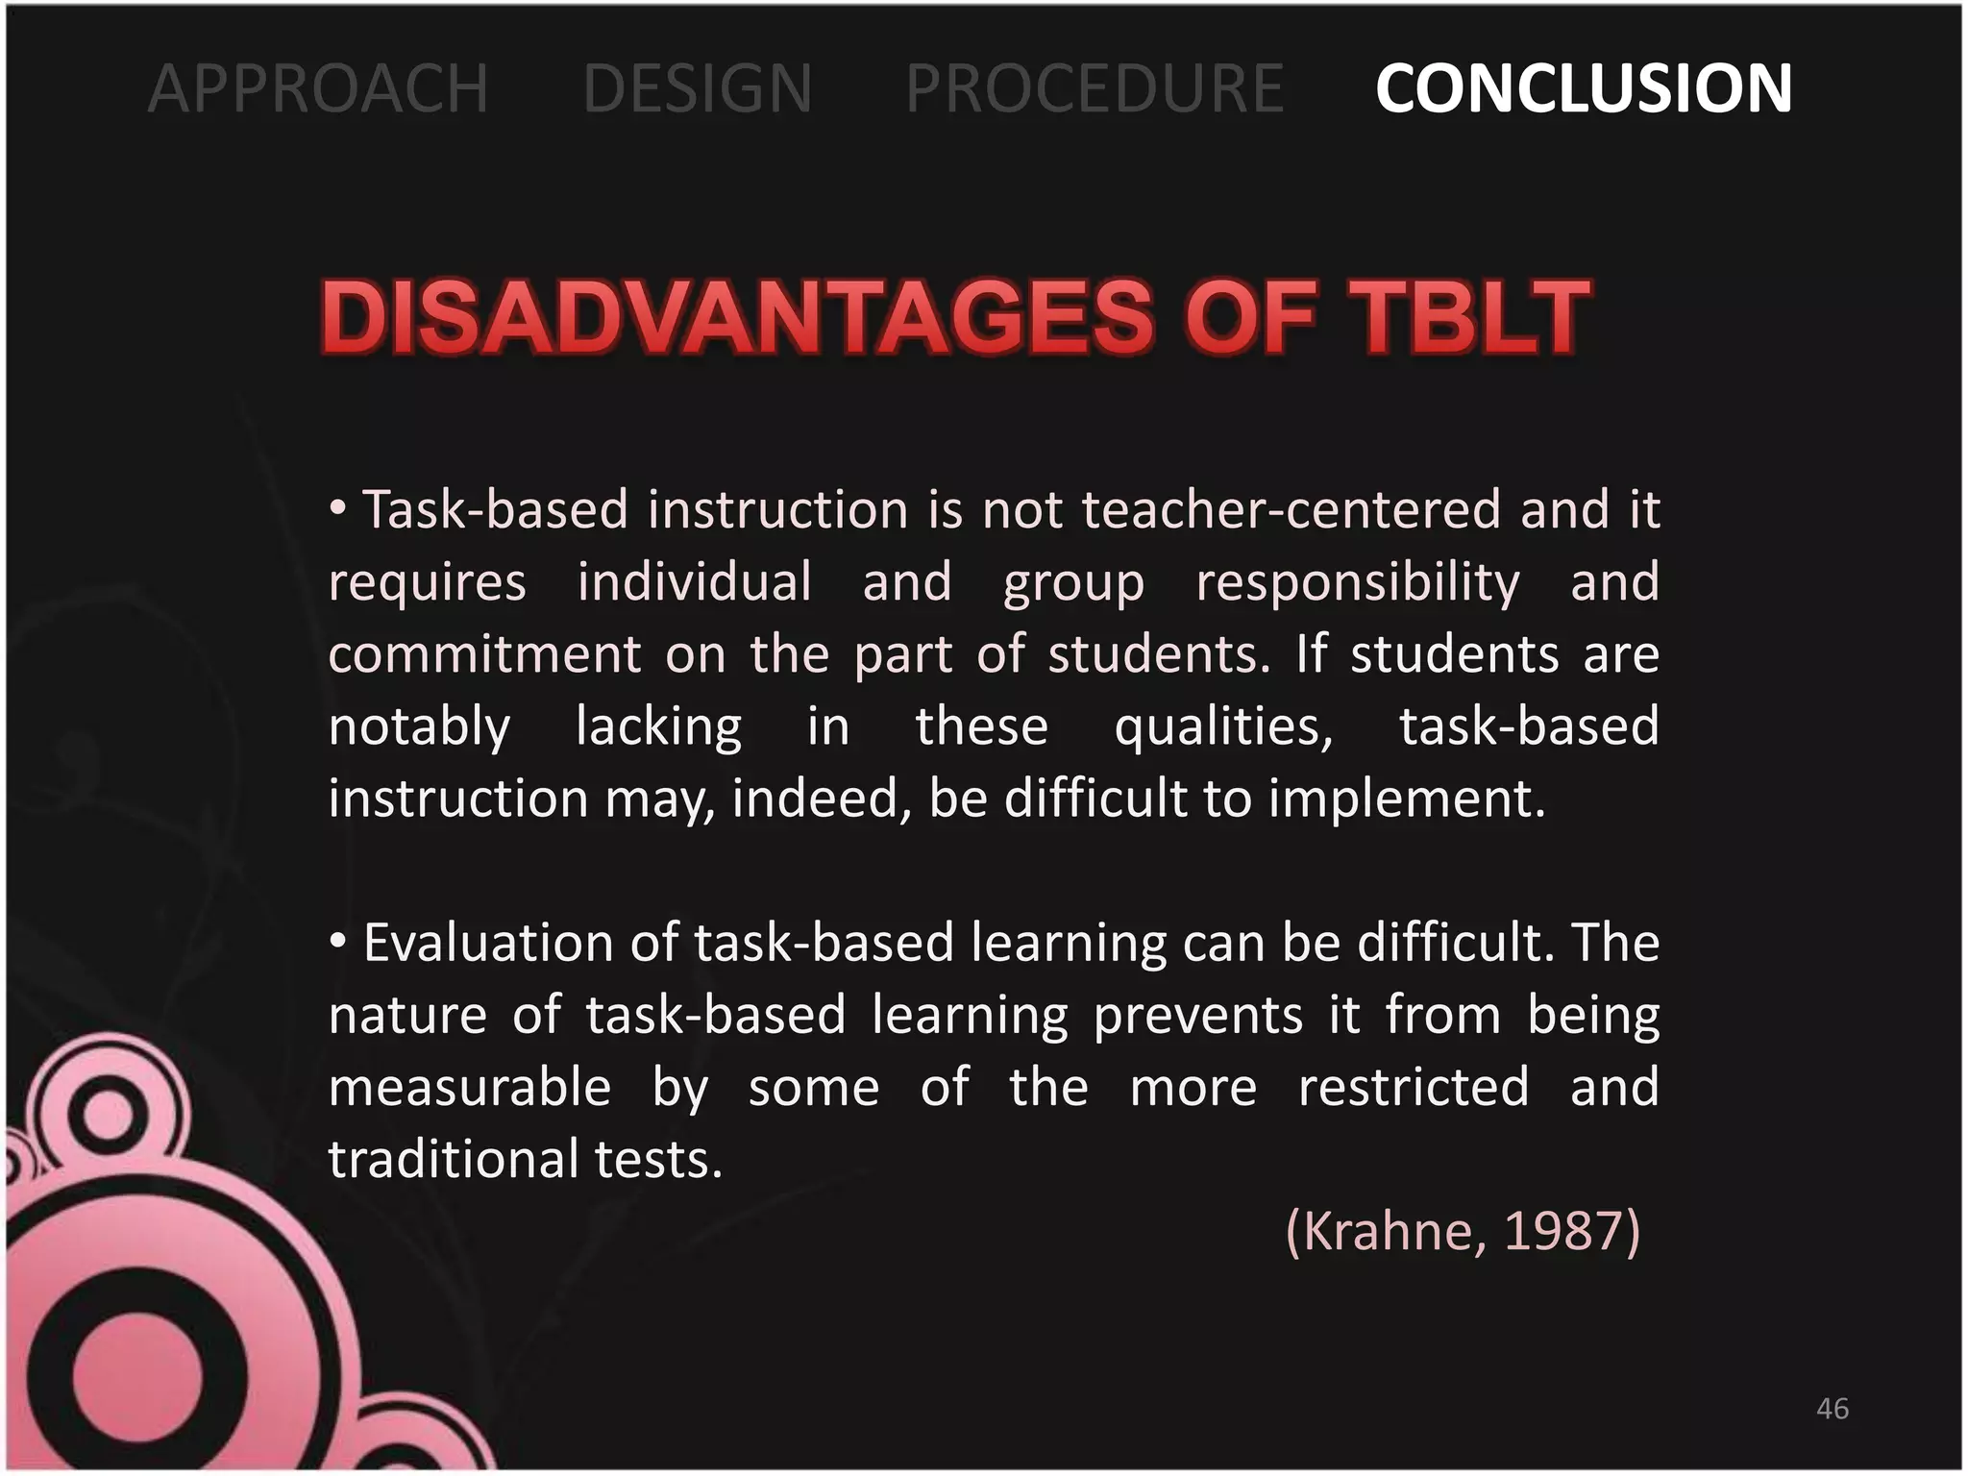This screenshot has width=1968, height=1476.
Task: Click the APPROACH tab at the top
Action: coord(318,88)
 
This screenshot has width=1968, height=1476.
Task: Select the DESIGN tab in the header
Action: coord(698,88)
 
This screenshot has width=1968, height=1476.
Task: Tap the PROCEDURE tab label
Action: coord(1095,88)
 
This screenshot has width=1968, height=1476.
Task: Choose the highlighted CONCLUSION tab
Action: coord(1584,88)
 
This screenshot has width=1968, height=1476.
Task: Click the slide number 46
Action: coord(1833,1409)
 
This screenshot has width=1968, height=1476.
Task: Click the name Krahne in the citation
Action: coord(1385,1231)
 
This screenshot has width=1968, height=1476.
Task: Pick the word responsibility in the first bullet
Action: coord(1358,582)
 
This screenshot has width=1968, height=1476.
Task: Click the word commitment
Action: coord(484,654)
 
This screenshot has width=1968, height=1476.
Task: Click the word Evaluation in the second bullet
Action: coord(487,943)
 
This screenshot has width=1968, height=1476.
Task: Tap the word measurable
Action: coord(470,1088)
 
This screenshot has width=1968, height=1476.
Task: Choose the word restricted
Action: coord(1413,1087)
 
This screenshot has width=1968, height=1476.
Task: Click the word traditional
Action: coord(452,1160)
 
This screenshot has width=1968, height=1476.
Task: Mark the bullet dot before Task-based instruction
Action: coord(337,508)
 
